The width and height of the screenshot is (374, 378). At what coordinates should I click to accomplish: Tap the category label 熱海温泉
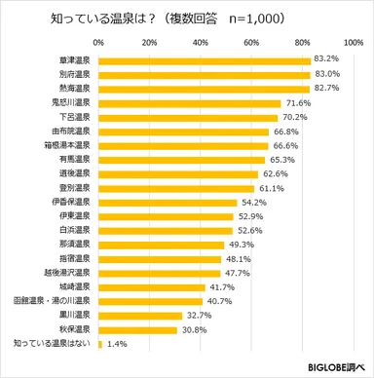tap(74, 89)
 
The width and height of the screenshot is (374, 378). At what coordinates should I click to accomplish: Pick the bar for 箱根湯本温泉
tap(181, 144)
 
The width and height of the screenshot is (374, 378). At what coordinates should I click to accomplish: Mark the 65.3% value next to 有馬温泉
tap(282, 159)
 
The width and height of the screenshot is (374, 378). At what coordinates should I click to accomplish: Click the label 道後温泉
tap(74, 173)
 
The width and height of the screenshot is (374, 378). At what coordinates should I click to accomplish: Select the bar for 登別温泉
tap(174, 187)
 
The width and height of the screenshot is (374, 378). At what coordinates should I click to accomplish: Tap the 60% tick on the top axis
tap(249, 44)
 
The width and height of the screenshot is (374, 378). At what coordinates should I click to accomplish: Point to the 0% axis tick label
tap(99, 44)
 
